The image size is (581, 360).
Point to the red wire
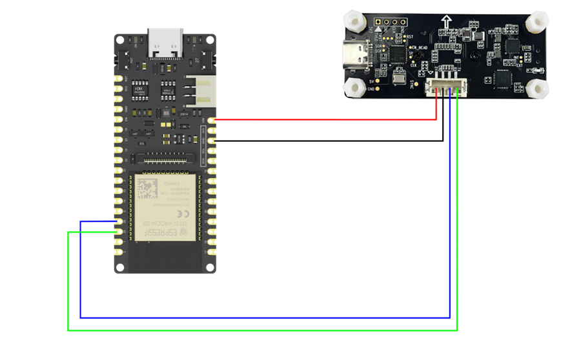tap(323, 119)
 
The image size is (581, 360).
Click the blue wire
tap(258, 317)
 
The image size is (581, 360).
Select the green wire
tap(258, 330)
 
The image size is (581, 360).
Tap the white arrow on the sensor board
tap(445, 22)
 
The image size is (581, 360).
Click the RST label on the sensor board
tap(411, 37)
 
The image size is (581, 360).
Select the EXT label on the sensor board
tap(518, 65)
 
